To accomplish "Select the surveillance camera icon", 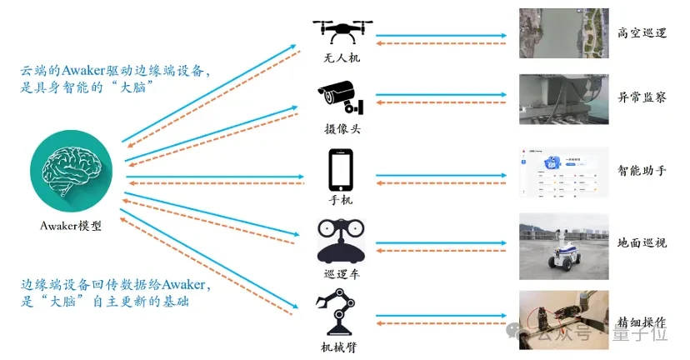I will [x=340, y=98].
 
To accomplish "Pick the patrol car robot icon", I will [x=340, y=241].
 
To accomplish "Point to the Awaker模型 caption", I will [x=71, y=225].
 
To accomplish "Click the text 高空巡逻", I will [x=642, y=33].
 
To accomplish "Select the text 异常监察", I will [x=642, y=97].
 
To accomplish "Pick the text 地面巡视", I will [x=642, y=244].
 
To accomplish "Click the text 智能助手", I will [x=642, y=171].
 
